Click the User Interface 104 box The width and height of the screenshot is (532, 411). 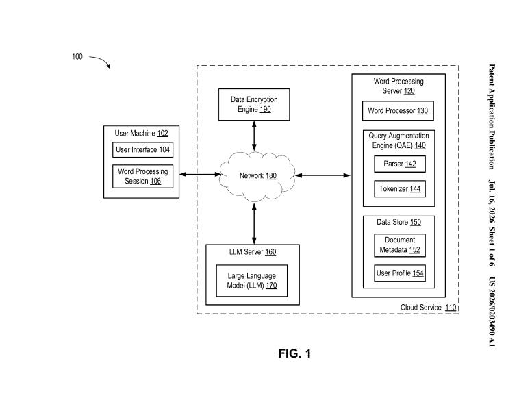(142, 149)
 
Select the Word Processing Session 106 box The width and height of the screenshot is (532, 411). (142, 176)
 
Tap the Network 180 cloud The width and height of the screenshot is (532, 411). (257, 177)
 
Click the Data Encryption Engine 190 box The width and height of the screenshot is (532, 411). (254, 105)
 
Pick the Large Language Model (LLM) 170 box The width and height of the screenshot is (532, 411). (252, 281)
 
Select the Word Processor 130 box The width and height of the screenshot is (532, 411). (398, 111)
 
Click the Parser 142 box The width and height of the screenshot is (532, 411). (400, 164)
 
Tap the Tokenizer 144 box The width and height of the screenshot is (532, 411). (400, 188)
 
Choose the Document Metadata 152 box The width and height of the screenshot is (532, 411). (400, 245)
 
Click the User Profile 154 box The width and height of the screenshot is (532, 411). (400, 273)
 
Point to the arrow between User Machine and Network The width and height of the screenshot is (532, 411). (200, 175)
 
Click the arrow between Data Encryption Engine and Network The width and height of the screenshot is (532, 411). (254, 136)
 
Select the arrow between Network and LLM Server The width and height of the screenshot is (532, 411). (254, 224)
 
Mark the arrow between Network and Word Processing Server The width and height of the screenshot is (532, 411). (322, 175)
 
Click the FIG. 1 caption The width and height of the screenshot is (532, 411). (294, 353)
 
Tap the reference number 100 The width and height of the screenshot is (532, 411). (77, 57)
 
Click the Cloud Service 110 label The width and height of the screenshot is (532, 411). (428, 308)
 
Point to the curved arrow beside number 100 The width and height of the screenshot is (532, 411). (101, 60)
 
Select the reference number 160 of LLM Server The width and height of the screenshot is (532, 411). (270, 252)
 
